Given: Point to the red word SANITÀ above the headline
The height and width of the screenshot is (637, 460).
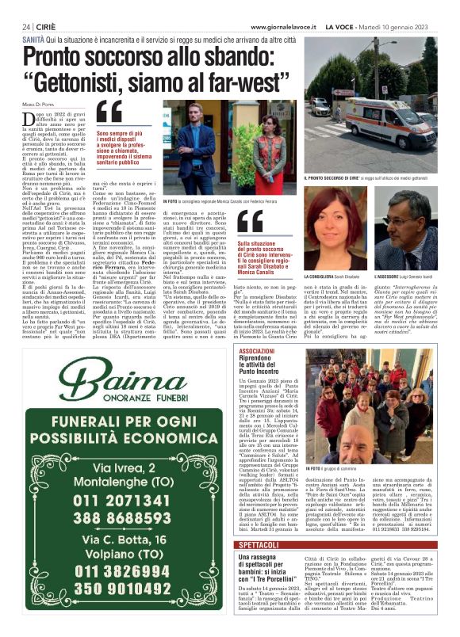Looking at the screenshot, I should pos(33,39).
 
